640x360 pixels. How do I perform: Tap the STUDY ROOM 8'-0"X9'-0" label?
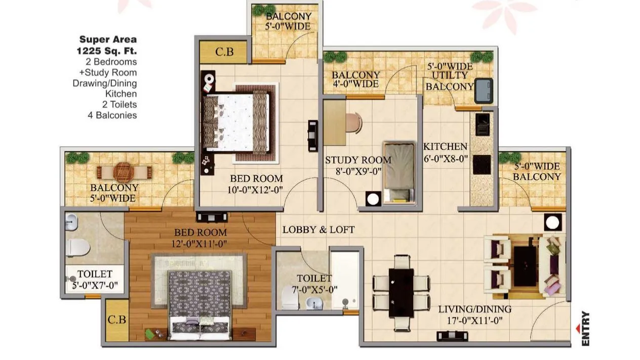click(358, 165)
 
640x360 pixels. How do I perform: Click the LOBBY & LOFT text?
click(318, 230)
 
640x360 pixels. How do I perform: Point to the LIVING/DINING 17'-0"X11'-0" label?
click(474, 314)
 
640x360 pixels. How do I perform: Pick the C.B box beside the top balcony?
click(224, 52)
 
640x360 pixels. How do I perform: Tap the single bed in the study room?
click(398, 171)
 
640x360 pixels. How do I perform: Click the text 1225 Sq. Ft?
click(107, 51)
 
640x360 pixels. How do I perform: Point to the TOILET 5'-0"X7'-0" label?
click(95, 280)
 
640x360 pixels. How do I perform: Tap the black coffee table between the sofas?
click(525, 264)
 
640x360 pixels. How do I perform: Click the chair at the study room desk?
click(354, 123)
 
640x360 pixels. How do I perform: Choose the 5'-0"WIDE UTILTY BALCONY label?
click(450, 76)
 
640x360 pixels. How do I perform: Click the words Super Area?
click(108, 39)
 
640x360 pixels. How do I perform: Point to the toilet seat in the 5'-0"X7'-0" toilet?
click(77, 248)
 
